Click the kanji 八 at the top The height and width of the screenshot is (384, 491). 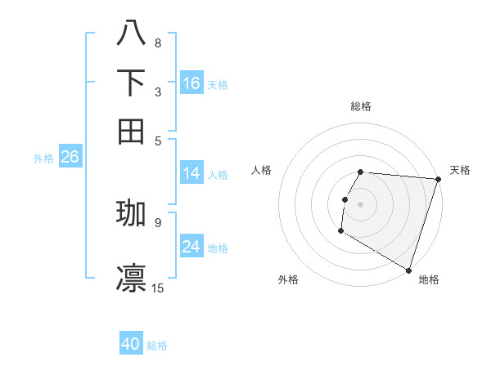pos(131,33)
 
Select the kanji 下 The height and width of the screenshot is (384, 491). pos(131,83)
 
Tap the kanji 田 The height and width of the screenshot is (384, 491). pos(131,131)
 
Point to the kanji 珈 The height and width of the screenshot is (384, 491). pos(131,213)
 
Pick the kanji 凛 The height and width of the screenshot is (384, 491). pos(131,278)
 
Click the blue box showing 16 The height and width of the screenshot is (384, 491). pos(191,83)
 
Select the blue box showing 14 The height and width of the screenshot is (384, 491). pos(191,173)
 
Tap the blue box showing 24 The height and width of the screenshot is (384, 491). pos(191,247)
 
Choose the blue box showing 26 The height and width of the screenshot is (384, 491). pos(70,158)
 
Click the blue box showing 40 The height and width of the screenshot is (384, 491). pos(131,344)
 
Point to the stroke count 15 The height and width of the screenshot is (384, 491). pos(158,288)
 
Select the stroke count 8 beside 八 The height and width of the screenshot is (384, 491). pos(158,42)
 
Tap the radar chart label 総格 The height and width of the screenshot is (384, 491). pos(361,106)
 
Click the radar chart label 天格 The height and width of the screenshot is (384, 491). pos(460,170)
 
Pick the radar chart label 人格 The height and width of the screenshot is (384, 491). pos(262,170)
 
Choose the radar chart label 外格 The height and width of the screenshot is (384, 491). pos(288,279)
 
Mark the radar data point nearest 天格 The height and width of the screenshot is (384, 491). pos(438,179)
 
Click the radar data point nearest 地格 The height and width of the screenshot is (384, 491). pos(408,270)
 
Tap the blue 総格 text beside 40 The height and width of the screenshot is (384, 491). pos(158,346)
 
